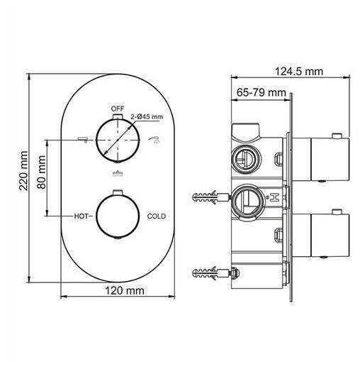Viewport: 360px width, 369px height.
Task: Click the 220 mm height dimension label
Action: point(23,170)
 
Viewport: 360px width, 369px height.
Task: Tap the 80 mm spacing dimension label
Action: point(42,172)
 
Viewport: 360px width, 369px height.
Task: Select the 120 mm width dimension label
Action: point(125,291)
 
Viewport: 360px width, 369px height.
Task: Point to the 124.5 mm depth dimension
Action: point(299,71)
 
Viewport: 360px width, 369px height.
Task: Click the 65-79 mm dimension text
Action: point(261,92)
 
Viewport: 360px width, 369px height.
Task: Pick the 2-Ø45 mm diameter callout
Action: point(147,116)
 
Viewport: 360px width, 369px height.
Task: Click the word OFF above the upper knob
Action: point(118,109)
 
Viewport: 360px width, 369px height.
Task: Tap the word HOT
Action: point(81,216)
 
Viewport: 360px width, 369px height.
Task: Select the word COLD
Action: point(157,216)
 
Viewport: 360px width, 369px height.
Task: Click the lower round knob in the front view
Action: point(118,216)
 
